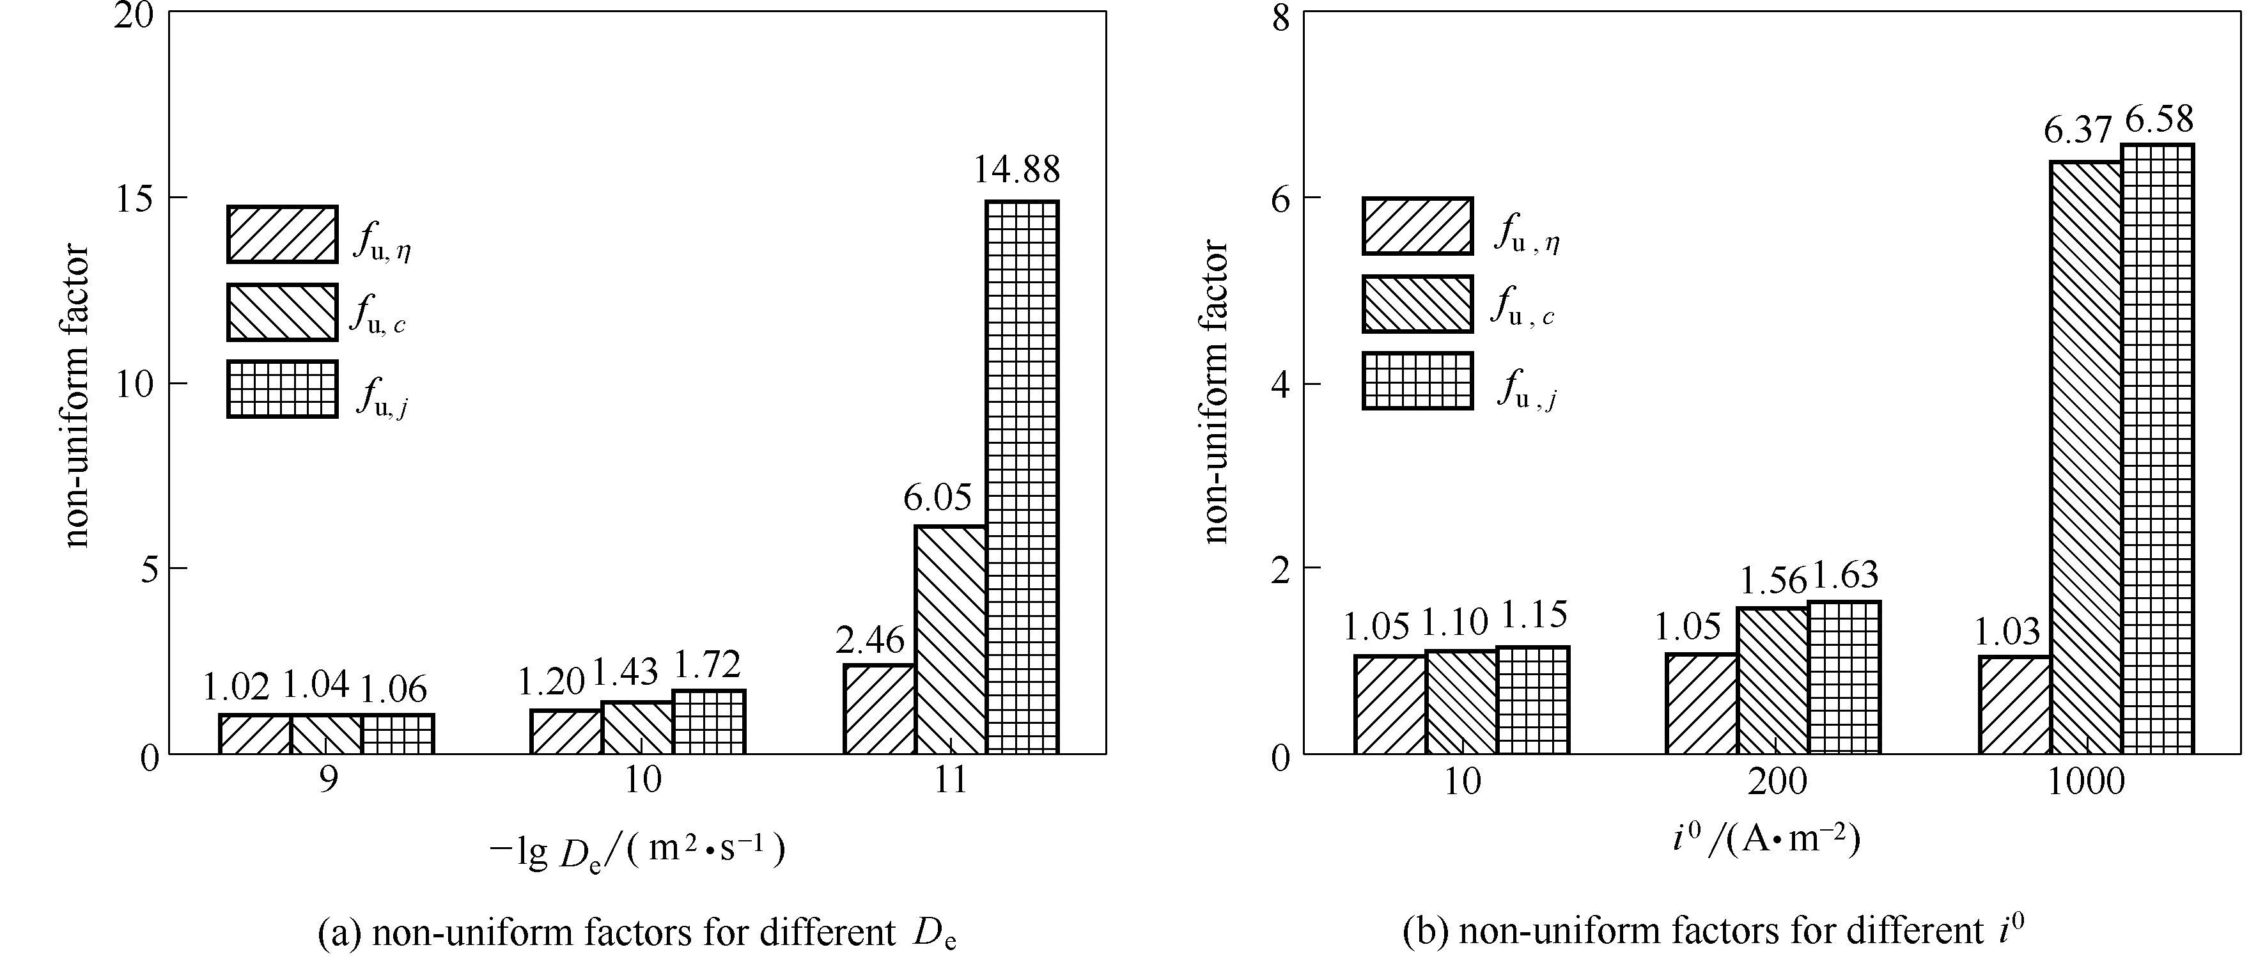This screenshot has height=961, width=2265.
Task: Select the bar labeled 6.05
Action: (x=949, y=639)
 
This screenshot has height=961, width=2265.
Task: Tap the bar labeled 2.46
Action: (x=878, y=708)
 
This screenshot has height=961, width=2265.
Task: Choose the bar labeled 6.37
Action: (x=2087, y=457)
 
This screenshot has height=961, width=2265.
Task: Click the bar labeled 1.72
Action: (x=709, y=722)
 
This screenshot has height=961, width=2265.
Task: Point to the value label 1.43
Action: (x=625, y=673)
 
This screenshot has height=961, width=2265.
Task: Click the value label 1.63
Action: (x=1845, y=575)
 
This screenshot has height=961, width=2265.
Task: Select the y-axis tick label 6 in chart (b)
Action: (x=1280, y=198)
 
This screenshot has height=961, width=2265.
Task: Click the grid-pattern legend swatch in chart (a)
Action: (x=282, y=389)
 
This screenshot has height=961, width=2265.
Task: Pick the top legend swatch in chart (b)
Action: (x=1417, y=226)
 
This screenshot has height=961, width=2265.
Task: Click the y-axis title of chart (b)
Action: (x=1215, y=393)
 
